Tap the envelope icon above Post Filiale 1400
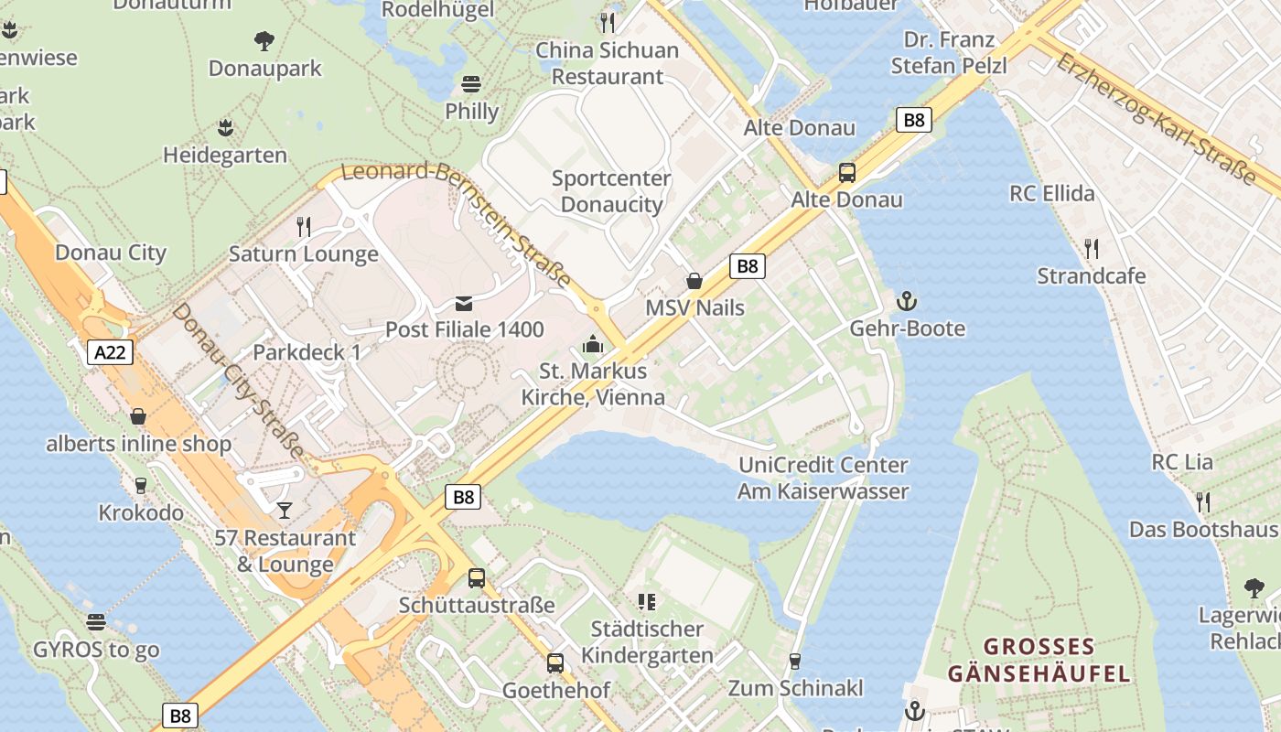pyautogui.click(x=464, y=304)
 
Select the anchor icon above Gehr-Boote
pyautogui.click(x=907, y=301)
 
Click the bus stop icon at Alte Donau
pyautogui.click(x=847, y=172)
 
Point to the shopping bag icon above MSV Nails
pyautogui.click(x=694, y=281)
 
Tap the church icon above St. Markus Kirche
pyautogui.click(x=593, y=345)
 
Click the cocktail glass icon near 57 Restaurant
pyautogui.click(x=285, y=510)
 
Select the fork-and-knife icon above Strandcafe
pyautogui.click(x=1091, y=248)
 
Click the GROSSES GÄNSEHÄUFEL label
pyautogui.click(x=1039, y=661)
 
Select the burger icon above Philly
pyautogui.click(x=471, y=84)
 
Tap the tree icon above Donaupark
pyautogui.click(x=264, y=40)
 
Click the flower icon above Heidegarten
pyautogui.click(x=225, y=127)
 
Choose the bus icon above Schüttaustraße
pyautogui.click(x=477, y=577)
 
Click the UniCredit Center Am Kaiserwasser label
pyautogui.click(x=823, y=478)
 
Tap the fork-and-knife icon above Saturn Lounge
pyautogui.click(x=304, y=226)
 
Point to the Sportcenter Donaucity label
pyautogui.click(x=611, y=191)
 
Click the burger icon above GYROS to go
pyautogui.click(x=96, y=622)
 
